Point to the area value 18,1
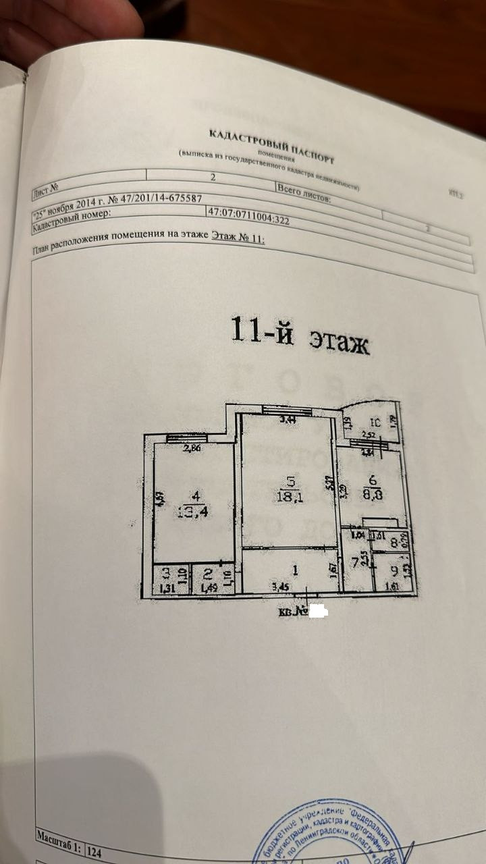pos(290,497)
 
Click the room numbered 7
pos(355,562)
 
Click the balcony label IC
pos(377,423)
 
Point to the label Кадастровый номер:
pos(72,219)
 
